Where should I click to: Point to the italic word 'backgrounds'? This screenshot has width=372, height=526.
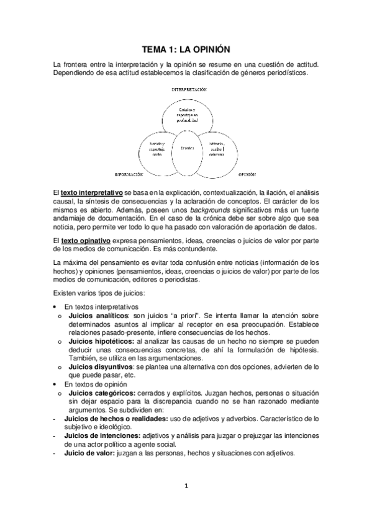(174, 210)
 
